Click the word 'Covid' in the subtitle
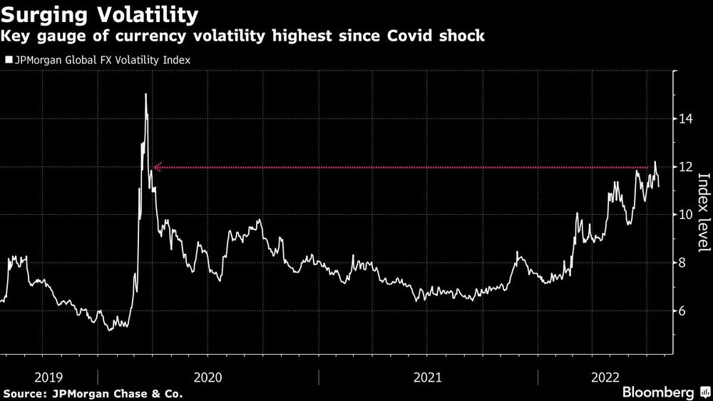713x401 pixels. pyautogui.click(x=409, y=36)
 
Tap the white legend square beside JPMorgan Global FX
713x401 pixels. pyautogui.click(x=9, y=61)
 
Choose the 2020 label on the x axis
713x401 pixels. pyautogui.click(x=207, y=376)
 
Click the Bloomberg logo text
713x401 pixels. pyautogui.click(x=659, y=392)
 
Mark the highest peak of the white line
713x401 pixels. pyautogui.click(x=145, y=94)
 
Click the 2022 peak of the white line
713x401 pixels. pyautogui.click(x=655, y=162)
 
